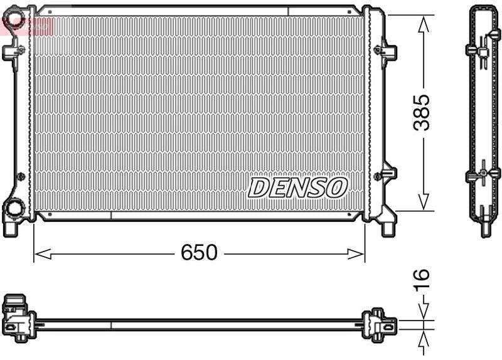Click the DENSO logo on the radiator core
(297, 187)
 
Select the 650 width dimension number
(199, 253)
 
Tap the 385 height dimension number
(424, 112)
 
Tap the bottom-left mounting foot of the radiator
(11, 227)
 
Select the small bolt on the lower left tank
(21, 176)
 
